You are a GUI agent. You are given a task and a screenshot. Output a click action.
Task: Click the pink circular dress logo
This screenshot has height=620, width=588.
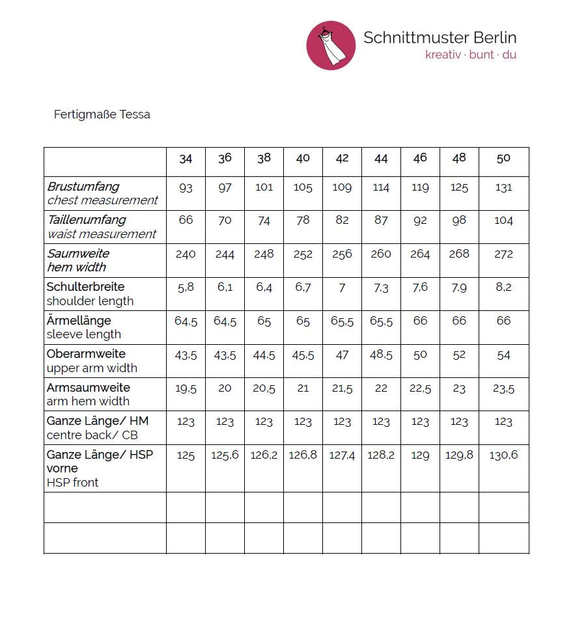point(331,45)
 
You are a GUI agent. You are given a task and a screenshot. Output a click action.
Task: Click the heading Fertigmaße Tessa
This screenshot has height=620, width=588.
point(102,115)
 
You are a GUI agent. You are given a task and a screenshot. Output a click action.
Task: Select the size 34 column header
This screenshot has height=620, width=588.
point(186,159)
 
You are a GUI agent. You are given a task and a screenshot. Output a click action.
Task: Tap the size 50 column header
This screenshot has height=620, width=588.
point(503,159)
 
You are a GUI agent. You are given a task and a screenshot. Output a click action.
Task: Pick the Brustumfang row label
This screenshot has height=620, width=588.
point(83,187)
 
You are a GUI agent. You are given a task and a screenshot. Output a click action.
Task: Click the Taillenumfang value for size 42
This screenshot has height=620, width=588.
point(342,221)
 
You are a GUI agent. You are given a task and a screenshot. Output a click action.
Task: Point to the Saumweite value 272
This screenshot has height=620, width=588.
point(503,254)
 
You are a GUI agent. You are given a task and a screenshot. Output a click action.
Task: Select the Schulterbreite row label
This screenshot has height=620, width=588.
point(85,287)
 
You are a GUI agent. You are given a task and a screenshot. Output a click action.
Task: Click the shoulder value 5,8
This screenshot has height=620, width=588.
point(186,287)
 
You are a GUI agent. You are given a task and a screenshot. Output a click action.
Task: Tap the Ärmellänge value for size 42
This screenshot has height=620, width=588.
point(342,321)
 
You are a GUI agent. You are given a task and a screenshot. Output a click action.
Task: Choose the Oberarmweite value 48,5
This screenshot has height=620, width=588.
point(381,355)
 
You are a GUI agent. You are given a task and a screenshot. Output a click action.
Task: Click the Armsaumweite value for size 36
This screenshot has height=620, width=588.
point(225,388)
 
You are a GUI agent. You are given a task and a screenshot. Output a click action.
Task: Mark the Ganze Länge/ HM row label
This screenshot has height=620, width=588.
point(98,422)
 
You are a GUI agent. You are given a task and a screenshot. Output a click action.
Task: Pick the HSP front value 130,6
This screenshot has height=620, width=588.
point(503,455)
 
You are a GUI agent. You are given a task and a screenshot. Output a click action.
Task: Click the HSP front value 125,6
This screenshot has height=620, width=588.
point(225,455)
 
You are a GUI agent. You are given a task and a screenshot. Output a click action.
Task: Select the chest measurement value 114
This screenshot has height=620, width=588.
point(381,188)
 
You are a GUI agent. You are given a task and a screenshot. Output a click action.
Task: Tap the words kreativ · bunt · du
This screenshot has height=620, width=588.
point(470,55)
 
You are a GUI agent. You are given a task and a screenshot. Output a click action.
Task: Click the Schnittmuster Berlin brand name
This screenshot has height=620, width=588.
point(440,37)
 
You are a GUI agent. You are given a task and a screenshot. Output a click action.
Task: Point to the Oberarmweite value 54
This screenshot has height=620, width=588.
point(503,355)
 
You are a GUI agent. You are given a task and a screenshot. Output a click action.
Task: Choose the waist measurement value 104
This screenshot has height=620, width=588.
point(503,221)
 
